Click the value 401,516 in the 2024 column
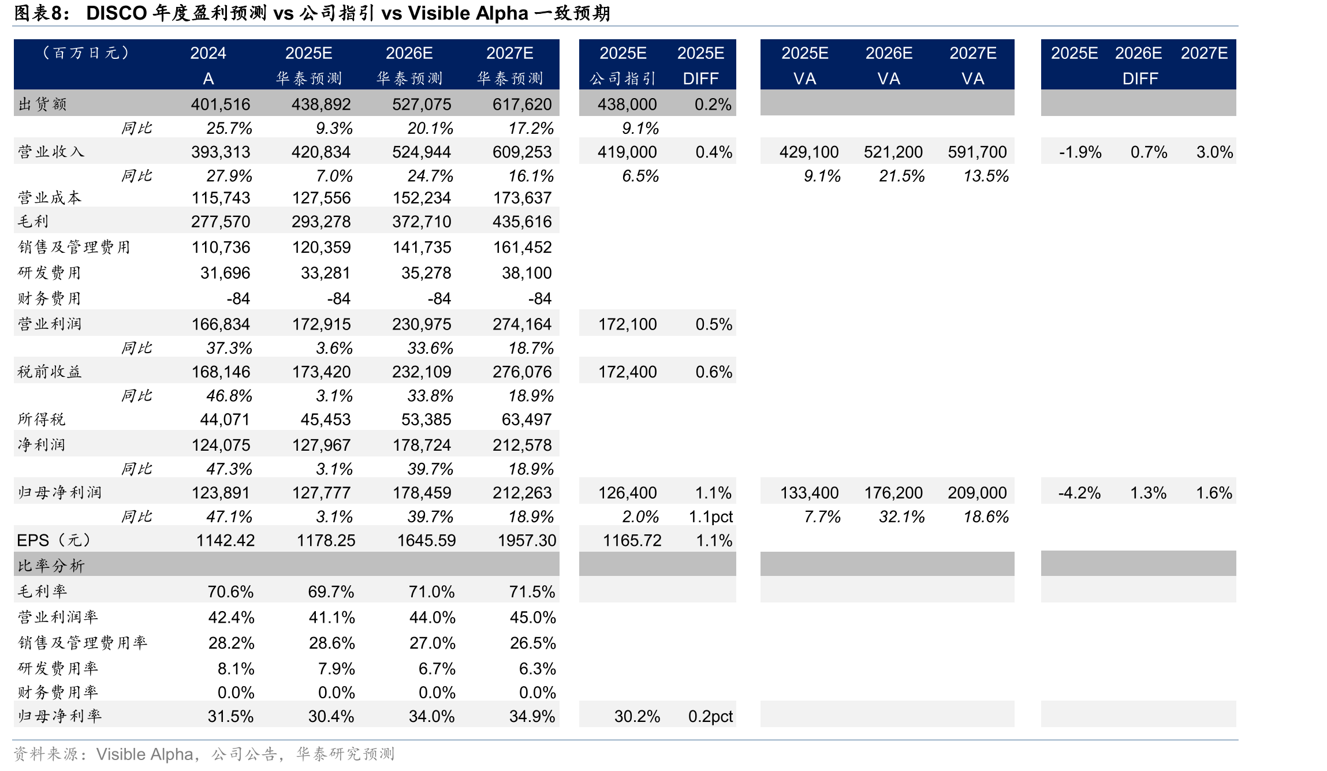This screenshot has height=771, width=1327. pyautogui.click(x=221, y=104)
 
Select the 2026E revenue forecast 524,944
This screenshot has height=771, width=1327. pyautogui.click(x=422, y=152)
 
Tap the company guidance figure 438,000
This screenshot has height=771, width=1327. pyautogui.click(x=627, y=104)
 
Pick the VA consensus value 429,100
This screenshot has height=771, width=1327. pyautogui.click(x=809, y=152)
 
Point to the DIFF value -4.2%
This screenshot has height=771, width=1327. pyautogui.click(x=1079, y=493)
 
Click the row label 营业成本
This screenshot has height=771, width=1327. pyautogui.click(x=50, y=198)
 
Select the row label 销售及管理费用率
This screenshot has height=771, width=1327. pyautogui.click(x=83, y=643)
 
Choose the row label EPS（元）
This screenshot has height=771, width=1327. pyautogui.click(x=54, y=540)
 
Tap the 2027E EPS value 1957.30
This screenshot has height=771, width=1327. pyautogui.click(x=527, y=541)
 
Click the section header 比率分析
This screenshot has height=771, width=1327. pyautogui.click(x=51, y=566)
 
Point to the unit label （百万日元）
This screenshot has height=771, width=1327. pyautogui.click(x=85, y=53)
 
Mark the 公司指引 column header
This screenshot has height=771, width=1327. pyautogui.click(x=623, y=78)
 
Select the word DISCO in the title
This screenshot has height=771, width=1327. pyautogui.click(x=117, y=13)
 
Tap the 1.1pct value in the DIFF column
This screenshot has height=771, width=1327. pyautogui.click(x=710, y=517)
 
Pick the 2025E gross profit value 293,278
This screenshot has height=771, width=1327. pyautogui.click(x=321, y=222)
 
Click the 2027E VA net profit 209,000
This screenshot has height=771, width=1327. pyautogui.click(x=977, y=493)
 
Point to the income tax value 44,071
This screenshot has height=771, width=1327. pyautogui.click(x=225, y=420)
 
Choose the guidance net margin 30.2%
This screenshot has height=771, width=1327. pyautogui.click(x=637, y=717)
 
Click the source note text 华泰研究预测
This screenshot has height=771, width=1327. pyautogui.click(x=345, y=754)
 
